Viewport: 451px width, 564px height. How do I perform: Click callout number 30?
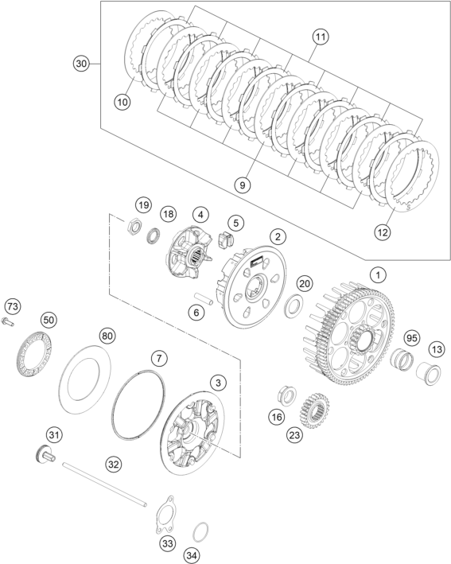pos(82,64)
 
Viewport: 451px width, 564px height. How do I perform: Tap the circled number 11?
pos(320,37)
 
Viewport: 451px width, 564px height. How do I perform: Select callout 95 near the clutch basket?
pos(412,338)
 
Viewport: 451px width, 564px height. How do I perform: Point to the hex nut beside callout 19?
pos(134,228)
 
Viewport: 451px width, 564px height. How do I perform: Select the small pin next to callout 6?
pos(204,299)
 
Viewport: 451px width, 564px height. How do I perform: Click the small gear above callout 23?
pos(314,410)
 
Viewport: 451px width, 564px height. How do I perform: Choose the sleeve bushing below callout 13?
pos(429,375)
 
